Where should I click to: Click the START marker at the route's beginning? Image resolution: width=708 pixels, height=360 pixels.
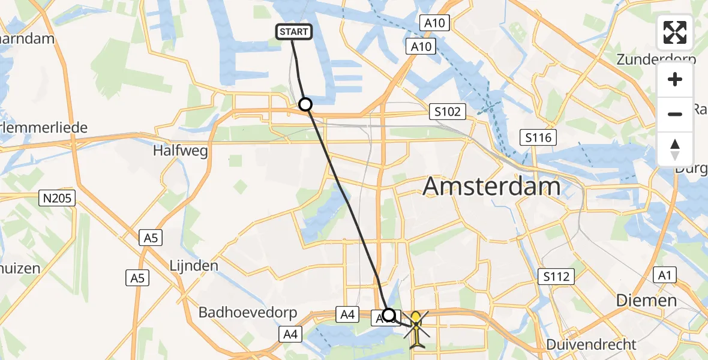pyautogui.click(x=294, y=32)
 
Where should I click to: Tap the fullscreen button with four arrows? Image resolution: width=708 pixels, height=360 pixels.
pyautogui.click(x=675, y=32)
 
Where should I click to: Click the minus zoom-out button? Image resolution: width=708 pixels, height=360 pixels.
pyautogui.click(x=675, y=114)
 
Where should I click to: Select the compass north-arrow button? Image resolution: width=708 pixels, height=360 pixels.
pyautogui.click(x=675, y=149)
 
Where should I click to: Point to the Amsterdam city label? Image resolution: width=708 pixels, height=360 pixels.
pyautogui.click(x=492, y=187)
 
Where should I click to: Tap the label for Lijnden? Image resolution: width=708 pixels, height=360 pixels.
pyautogui.click(x=194, y=265)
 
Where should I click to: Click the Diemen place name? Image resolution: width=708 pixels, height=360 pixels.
pyautogui.click(x=647, y=300)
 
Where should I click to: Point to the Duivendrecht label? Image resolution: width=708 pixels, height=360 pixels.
pyautogui.click(x=592, y=344)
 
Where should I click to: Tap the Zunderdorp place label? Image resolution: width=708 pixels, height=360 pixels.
pyautogui.click(x=656, y=59)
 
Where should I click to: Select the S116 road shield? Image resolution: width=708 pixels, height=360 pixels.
pyautogui.click(x=538, y=138)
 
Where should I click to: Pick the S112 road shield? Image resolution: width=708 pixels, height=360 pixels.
pyautogui.click(x=556, y=277)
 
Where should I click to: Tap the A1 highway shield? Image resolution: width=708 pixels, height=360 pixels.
pyautogui.click(x=663, y=275)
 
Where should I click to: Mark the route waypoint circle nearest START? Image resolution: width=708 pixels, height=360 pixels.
pyautogui.click(x=305, y=104)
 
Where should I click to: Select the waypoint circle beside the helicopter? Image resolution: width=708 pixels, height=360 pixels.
pyautogui.click(x=389, y=315)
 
